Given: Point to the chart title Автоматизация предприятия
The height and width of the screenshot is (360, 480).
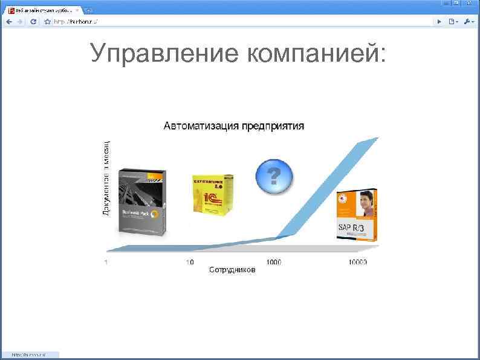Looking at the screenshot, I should [x=234, y=126].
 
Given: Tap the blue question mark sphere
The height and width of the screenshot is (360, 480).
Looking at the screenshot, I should [x=274, y=176].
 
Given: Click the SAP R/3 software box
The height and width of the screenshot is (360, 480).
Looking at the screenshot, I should [x=357, y=215].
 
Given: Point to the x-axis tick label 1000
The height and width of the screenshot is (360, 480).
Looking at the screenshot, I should [x=274, y=263].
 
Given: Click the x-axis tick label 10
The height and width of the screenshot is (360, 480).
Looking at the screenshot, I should [x=190, y=263].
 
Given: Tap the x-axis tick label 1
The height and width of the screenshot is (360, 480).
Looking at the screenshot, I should [x=106, y=263].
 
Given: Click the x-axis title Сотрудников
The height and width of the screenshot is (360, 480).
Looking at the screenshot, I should [x=232, y=270].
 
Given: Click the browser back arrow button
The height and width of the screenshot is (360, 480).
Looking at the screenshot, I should [x=9, y=21].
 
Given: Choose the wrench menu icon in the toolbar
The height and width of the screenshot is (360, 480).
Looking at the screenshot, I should [x=469, y=21].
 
